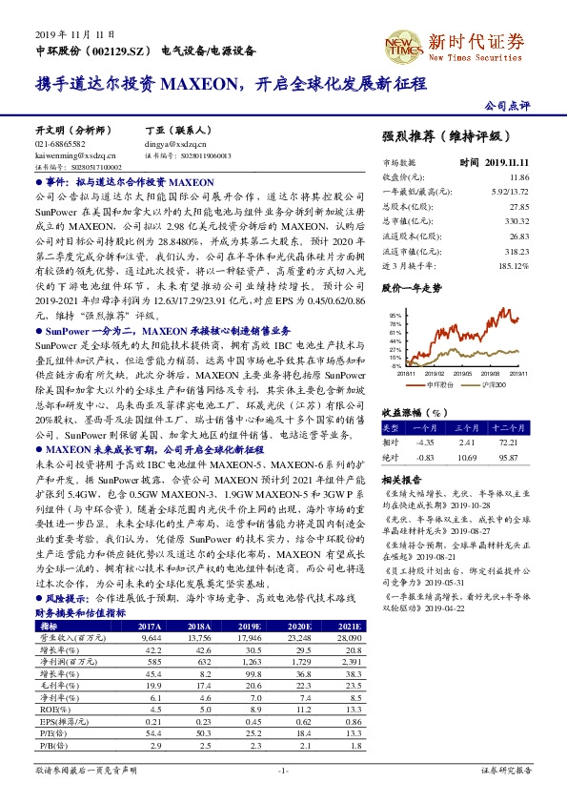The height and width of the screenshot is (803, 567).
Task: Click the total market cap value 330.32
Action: point(516,219)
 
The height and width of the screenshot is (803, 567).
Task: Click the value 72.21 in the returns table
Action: point(510,443)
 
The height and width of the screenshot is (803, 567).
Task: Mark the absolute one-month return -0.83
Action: point(426,458)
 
